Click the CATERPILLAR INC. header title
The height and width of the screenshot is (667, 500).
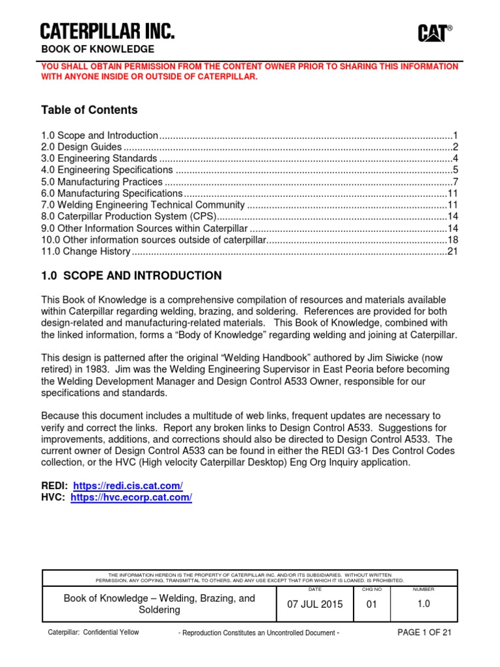point(107,31)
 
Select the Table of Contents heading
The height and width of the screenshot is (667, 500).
point(89,110)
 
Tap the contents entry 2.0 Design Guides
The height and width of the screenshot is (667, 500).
point(81,147)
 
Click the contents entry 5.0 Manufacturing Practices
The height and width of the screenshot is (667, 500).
point(102,182)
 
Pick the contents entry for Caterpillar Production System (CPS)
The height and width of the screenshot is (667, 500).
point(128,217)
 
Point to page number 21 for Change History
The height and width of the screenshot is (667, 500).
point(453,252)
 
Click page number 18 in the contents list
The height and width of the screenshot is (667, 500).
point(453,240)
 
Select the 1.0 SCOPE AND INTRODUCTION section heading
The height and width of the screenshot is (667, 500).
point(131,276)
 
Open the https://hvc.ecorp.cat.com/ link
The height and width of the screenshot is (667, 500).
point(131,498)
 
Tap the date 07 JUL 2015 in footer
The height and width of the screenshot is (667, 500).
point(315,604)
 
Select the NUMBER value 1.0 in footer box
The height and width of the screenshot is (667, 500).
point(423,604)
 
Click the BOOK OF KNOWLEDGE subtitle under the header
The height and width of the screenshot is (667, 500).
point(98,50)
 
